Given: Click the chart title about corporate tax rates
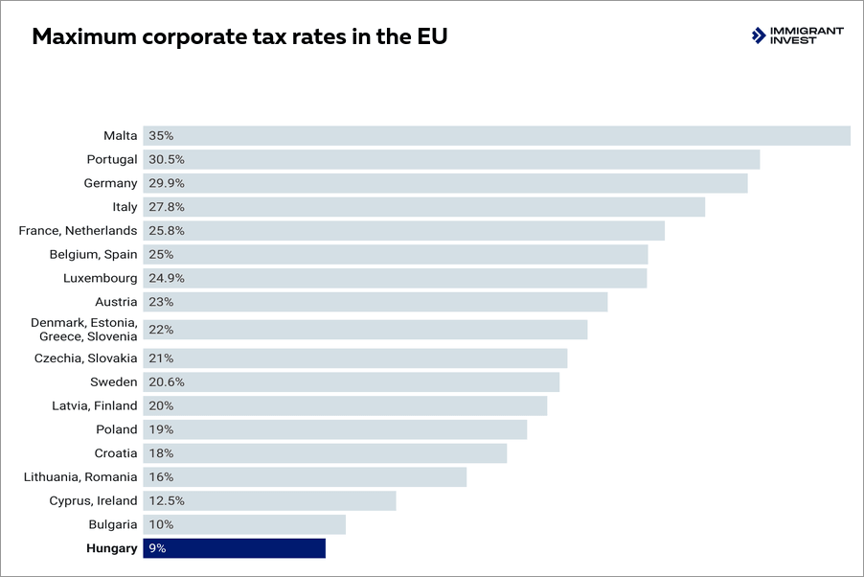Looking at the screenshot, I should pyautogui.click(x=239, y=37).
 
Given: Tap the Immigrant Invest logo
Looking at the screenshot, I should pyautogui.click(x=797, y=36).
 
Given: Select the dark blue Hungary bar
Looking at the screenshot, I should pyautogui.click(x=235, y=548).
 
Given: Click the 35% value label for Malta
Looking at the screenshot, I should pyautogui.click(x=161, y=136).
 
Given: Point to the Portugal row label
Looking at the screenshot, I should pyautogui.click(x=111, y=159).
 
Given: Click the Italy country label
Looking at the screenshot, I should pyautogui.click(x=125, y=207).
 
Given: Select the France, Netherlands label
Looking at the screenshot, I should pyautogui.click(x=78, y=231).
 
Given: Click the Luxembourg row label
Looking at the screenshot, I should pyautogui.click(x=101, y=278).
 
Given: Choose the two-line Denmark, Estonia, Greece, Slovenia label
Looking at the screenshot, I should pyautogui.click(x=84, y=330).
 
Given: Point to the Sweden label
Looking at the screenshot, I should pyautogui.click(x=114, y=381).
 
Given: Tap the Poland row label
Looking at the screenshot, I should pyautogui.click(x=117, y=429).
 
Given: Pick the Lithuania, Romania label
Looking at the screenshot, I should pyautogui.click(x=80, y=477).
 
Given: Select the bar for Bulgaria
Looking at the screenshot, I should pyautogui.click(x=244, y=524).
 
